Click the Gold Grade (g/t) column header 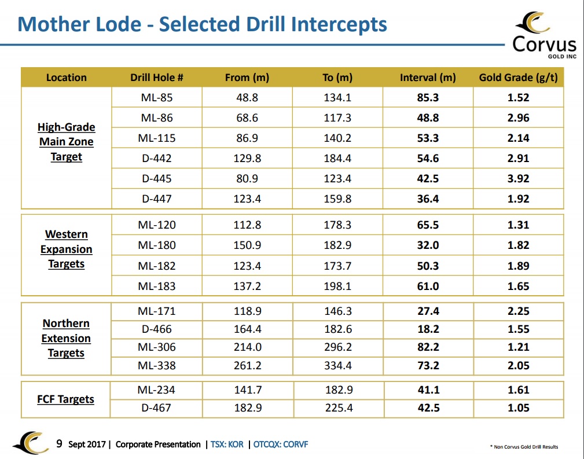coord(518,78)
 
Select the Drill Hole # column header coord(156,78)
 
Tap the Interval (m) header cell coord(428,78)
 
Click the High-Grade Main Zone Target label coord(67,142)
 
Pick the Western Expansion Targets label coord(67,249)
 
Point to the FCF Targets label coord(65,399)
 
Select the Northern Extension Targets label coord(66,338)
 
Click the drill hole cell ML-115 coord(156,138)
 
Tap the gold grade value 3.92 coord(518,178)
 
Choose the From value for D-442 coord(247,159)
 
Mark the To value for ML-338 coord(338,365)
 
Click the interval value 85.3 coord(428,98)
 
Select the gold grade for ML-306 coord(518,347)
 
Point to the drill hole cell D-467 coord(156,407)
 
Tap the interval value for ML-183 coord(428,286)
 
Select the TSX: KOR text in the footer coord(227,444)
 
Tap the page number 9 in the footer coord(59,444)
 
